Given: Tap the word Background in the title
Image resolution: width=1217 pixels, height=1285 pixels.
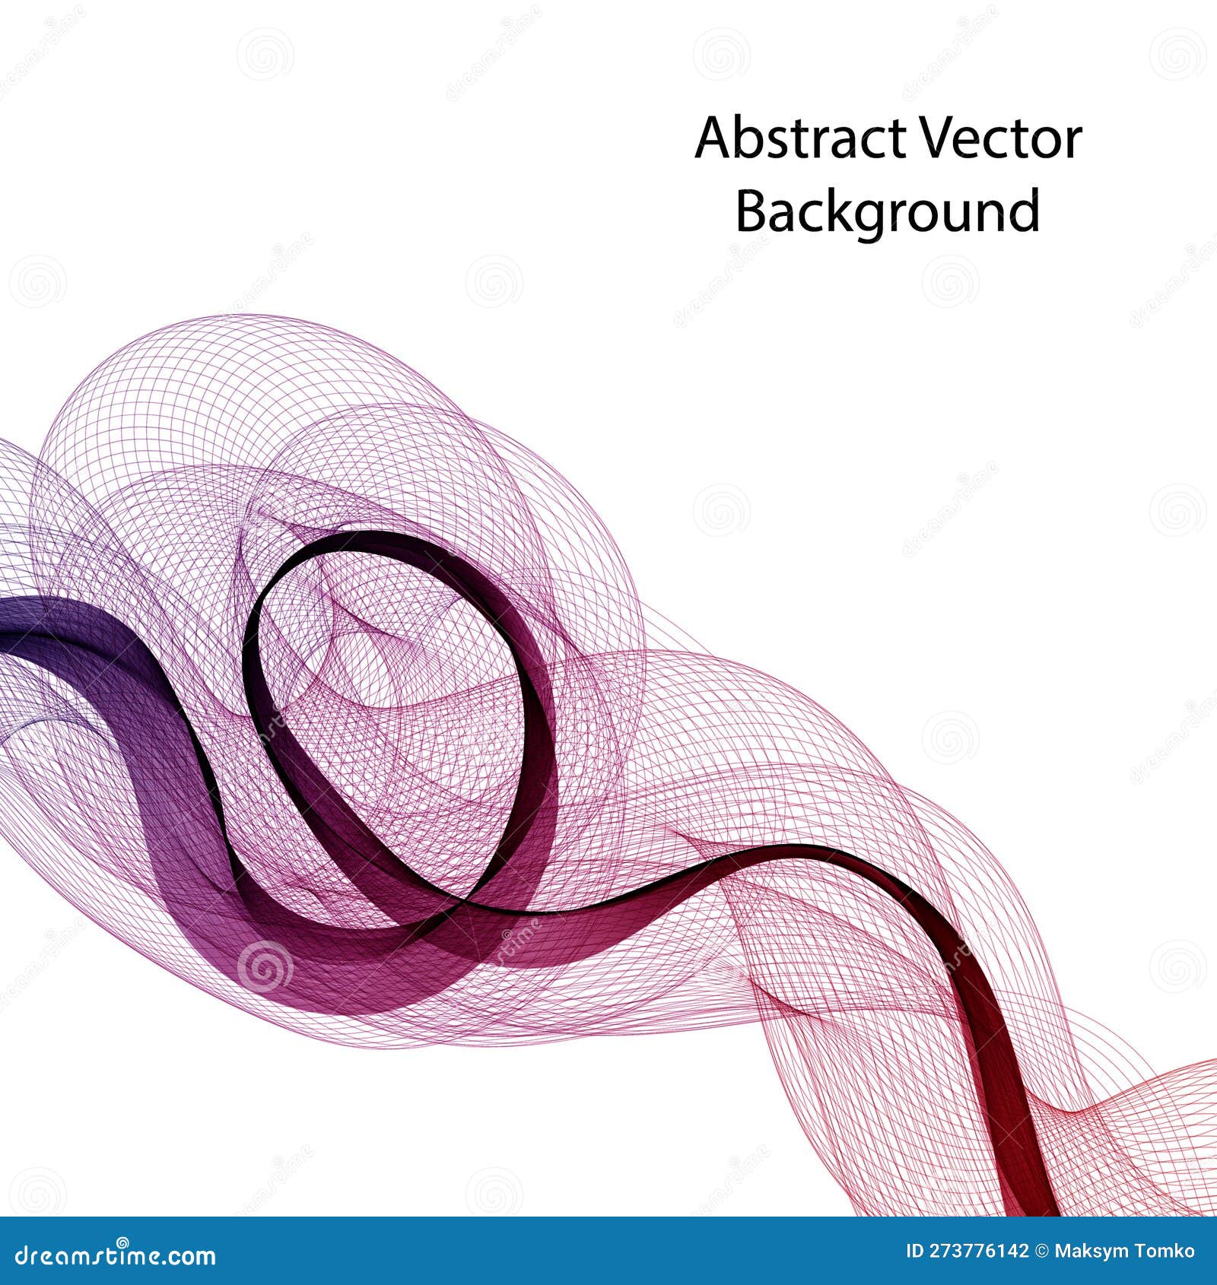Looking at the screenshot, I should click(x=887, y=211).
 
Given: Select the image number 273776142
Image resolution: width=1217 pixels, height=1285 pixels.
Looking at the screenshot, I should click(x=980, y=1251).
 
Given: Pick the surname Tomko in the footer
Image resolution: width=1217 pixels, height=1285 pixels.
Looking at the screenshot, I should click(x=1166, y=1251).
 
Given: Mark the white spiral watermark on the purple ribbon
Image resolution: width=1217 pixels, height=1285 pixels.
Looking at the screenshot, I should click(x=265, y=967).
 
